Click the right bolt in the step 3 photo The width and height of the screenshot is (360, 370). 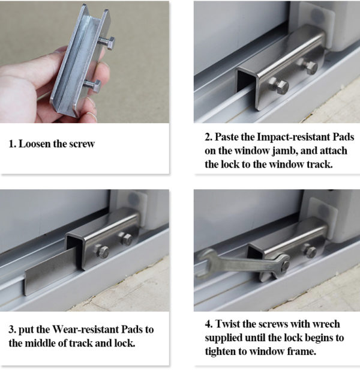tap(126, 239)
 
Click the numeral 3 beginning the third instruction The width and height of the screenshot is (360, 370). tap(11, 329)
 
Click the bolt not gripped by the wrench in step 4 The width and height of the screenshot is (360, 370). tap(310, 250)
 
